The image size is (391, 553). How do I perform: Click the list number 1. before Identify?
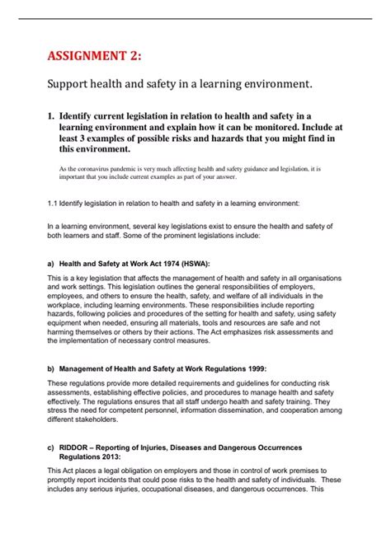pos(52,118)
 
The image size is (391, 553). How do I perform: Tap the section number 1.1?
pos(53,202)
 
